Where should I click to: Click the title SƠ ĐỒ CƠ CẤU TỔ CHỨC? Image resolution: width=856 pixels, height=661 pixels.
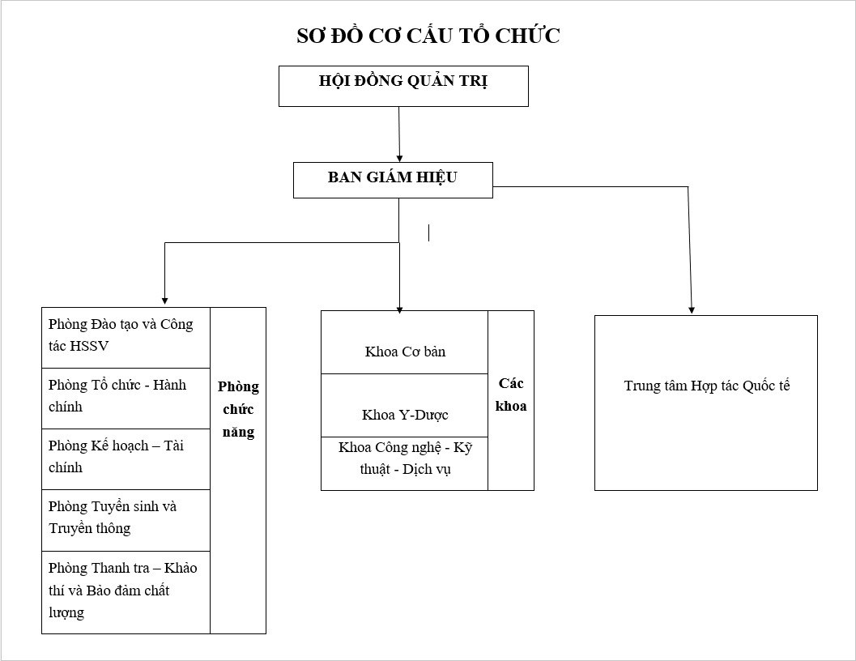click(x=428, y=36)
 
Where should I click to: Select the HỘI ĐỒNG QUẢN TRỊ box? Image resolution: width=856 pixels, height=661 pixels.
click(x=403, y=87)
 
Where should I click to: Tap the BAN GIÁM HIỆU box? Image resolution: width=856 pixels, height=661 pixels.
click(x=393, y=181)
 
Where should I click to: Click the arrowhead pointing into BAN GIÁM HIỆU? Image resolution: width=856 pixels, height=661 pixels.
click(x=399, y=159)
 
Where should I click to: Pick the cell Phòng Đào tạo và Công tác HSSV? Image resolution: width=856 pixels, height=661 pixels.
click(x=126, y=338)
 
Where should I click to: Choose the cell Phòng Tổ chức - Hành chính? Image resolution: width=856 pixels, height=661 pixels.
click(x=126, y=399)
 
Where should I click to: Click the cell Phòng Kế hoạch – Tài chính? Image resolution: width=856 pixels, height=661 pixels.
click(x=126, y=458)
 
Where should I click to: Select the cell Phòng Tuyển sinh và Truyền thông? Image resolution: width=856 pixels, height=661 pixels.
click(x=126, y=520)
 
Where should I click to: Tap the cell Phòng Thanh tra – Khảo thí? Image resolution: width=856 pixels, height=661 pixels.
click(x=126, y=592)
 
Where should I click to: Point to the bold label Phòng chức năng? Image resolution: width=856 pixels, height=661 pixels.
click(x=239, y=409)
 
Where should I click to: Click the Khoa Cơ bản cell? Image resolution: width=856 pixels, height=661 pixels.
click(x=405, y=343)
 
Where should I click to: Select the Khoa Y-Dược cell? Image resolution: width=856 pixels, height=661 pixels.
click(x=405, y=405)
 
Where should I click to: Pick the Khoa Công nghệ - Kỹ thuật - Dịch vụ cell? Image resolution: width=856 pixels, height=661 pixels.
click(x=405, y=463)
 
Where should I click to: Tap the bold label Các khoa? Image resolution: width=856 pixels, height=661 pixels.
click(x=511, y=395)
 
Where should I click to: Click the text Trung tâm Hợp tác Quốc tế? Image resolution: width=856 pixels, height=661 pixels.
click(x=707, y=386)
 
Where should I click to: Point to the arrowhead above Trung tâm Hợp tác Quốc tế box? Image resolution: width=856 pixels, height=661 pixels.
click(x=692, y=310)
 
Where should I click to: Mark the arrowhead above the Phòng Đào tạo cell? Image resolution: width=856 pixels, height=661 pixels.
click(x=165, y=301)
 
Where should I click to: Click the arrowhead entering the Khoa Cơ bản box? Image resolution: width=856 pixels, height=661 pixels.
click(x=399, y=309)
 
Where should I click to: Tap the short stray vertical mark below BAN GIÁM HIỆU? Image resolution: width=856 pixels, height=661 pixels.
click(x=428, y=232)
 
